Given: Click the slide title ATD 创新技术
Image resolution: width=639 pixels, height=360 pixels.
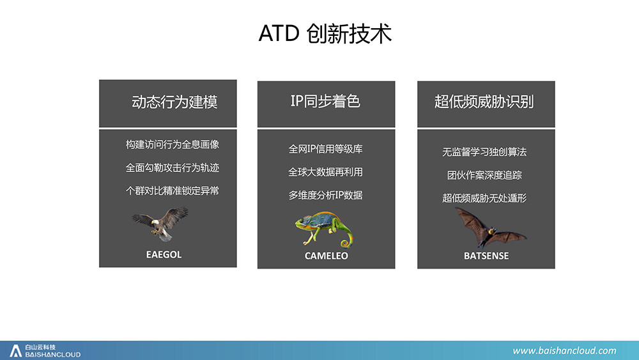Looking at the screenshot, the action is click(325, 33).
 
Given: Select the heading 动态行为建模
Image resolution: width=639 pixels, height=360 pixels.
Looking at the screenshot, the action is click(174, 102).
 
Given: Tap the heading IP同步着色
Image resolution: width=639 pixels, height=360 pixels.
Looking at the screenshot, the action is click(325, 101).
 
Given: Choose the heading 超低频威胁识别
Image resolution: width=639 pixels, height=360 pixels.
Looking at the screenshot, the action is click(484, 102).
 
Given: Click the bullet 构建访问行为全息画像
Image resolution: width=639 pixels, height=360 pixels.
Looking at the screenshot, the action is click(173, 145).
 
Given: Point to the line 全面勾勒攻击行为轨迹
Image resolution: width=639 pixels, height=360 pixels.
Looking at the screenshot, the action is click(173, 168).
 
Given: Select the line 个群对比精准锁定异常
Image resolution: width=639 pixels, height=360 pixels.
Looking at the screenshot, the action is click(173, 191).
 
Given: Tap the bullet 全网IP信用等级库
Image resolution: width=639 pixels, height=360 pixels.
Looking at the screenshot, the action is click(326, 149).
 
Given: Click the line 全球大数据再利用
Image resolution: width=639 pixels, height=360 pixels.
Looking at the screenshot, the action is click(326, 172).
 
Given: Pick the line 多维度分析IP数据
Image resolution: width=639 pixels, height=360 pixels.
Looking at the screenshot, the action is click(326, 195).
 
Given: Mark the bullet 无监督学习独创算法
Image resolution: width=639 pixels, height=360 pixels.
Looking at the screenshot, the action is click(484, 152).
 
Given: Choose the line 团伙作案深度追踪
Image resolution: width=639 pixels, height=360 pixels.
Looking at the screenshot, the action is click(484, 175).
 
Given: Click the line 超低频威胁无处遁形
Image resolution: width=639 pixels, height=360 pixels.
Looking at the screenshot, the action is click(484, 198).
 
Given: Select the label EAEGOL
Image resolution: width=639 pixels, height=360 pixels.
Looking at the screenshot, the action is click(164, 254).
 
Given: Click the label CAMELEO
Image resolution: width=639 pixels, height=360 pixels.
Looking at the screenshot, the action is click(327, 256).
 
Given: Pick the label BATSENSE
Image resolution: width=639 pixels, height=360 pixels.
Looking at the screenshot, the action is click(486, 256).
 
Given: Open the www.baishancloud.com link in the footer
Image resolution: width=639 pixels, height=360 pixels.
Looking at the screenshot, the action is click(564, 350).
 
